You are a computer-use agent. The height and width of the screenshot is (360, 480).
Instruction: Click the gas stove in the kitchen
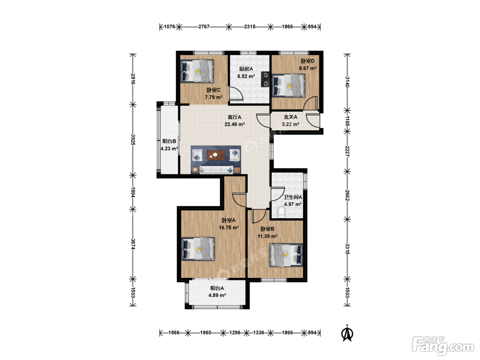pyautogui.click(x=265, y=79)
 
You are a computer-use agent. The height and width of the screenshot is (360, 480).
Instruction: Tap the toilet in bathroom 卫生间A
pyautogui.click(x=281, y=213)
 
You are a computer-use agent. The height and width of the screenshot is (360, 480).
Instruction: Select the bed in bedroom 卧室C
pyautogui.click(x=197, y=71)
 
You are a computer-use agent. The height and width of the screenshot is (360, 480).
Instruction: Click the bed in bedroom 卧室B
pyautogui.click(x=286, y=255)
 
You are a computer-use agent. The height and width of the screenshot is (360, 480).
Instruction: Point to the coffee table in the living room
pyautogui.click(x=216, y=155)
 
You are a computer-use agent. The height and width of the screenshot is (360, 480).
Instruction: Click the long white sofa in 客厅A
pyautogui.click(x=216, y=170)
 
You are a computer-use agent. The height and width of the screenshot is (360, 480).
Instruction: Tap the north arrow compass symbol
pyautogui.click(x=347, y=333)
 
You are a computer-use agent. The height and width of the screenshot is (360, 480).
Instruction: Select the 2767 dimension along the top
pyautogui.click(x=204, y=27)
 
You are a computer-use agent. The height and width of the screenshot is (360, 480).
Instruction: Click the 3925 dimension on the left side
pyautogui.click(x=133, y=140)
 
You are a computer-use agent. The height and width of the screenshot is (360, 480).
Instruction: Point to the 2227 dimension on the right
pyautogui.click(x=347, y=151)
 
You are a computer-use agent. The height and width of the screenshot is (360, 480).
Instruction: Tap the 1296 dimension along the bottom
pyautogui.click(x=235, y=333)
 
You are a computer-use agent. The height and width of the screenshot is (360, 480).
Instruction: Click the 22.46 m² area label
pyautogui.click(x=235, y=124)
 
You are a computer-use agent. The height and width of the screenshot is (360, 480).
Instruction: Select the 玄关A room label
pyautogui.click(x=290, y=117)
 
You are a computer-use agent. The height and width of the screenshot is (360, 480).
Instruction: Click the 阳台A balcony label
pyautogui.click(x=217, y=288)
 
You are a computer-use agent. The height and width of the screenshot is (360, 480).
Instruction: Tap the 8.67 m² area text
pyautogui.click(x=308, y=68)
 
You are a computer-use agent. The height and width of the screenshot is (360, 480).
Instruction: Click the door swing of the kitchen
pyautogui.click(x=236, y=94)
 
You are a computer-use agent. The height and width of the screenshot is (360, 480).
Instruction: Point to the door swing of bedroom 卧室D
pyautogui.click(x=310, y=103)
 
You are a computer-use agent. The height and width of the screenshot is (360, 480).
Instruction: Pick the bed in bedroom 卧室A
pyautogui.click(x=198, y=249)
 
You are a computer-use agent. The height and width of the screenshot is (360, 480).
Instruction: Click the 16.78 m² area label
pyautogui.click(x=229, y=228)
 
